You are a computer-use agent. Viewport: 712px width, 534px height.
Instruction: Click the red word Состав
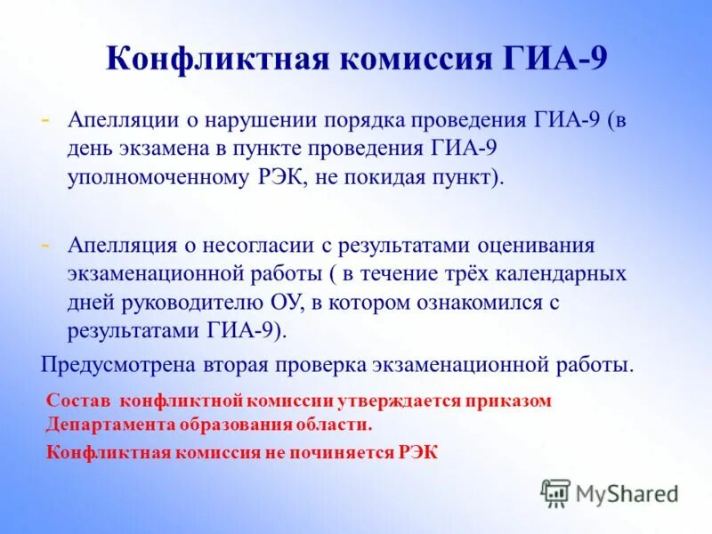pos(78,400)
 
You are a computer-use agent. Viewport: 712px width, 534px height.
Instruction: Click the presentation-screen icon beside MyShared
pos(556,492)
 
